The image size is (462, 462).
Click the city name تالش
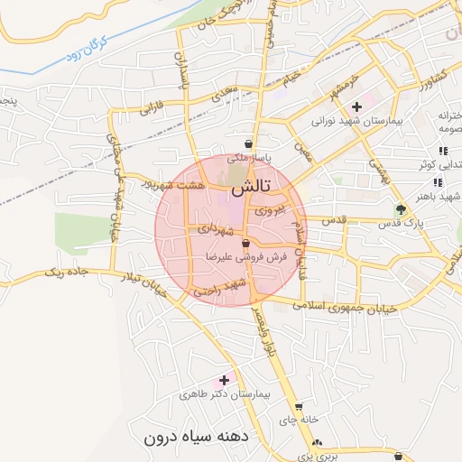pos(250,189)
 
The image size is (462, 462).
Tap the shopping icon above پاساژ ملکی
pos(248,144)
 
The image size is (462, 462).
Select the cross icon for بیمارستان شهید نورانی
pos(356,106)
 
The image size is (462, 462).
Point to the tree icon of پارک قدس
pos(401,209)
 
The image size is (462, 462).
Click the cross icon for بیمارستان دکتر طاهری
pos(225,380)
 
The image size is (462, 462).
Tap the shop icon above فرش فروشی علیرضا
pos(245,244)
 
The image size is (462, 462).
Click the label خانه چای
pos(299,420)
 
